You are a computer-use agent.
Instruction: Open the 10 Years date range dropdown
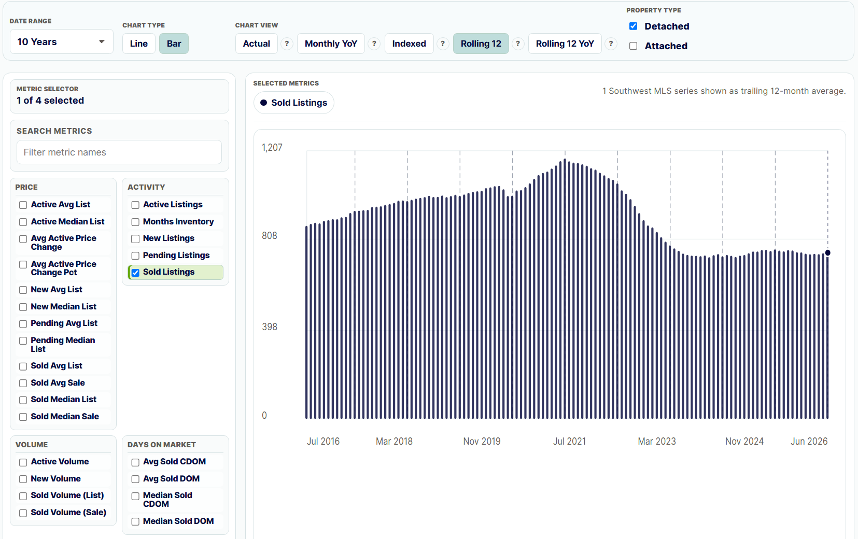coord(61,42)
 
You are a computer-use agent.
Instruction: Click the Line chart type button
coord(138,44)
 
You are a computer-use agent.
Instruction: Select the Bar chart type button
coord(174,44)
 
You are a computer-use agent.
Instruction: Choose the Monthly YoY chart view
coord(331,44)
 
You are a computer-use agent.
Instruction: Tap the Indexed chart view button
coord(409,44)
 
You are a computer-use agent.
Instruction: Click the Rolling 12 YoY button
coord(565,44)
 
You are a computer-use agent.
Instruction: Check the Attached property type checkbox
coord(633,46)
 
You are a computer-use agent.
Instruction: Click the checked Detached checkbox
coord(633,26)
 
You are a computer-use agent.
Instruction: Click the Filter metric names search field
coord(119,152)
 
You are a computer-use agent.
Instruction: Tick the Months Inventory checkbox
coord(135,222)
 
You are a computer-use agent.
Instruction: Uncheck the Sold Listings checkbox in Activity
coord(135,273)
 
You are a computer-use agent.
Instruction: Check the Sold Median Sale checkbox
coord(23,417)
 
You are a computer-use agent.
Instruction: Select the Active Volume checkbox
coord(23,462)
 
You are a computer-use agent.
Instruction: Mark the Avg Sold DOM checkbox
coord(135,479)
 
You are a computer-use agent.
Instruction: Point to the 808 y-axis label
coord(269,235)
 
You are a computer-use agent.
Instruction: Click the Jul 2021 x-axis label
coord(569,442)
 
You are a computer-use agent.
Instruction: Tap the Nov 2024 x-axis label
coord(744,442)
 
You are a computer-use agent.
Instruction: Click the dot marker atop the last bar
coord(828,253)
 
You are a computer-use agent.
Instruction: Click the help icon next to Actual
coord(287,44)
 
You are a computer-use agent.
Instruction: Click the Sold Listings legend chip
coord(294,103)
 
